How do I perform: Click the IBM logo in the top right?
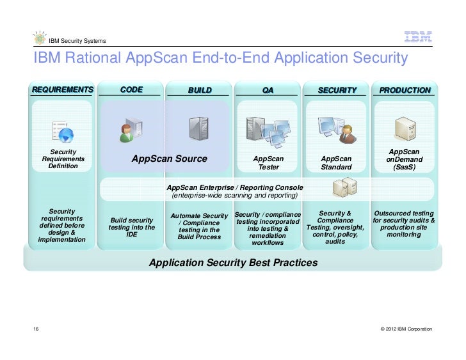(x=417, y=38)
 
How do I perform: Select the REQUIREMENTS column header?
(x=62, y=90)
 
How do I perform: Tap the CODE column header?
(x=131, y=90)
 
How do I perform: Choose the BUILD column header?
(x=200, y=91)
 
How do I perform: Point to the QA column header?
(x=268, y=91)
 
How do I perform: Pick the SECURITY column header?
(x=337, y=91)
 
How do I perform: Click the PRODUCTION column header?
(x=405, y=91)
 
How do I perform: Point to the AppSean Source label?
(x=169, y=159)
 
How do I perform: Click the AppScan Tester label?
(x=268, y=162)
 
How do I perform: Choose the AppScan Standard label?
(x=337, y=162)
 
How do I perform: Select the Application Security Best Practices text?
(x=233, y=263)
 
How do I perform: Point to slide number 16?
(x=36, y=329)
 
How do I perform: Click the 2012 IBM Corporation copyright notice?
(x=406, y=329)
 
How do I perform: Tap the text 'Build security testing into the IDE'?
(x=131, y=227)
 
